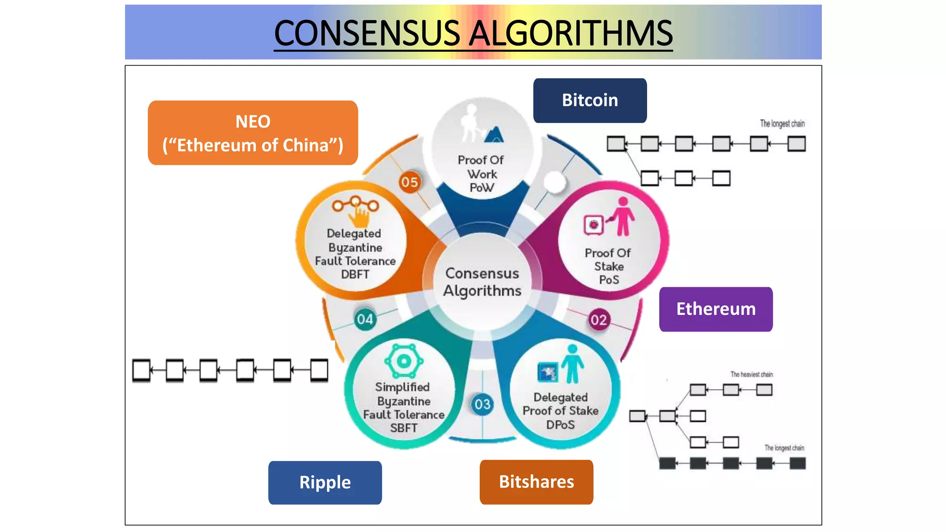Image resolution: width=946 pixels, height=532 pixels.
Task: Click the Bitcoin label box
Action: coord(590,100)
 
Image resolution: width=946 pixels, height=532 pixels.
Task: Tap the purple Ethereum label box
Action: coord(716,309)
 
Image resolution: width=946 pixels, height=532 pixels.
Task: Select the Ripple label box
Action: coord(325,483)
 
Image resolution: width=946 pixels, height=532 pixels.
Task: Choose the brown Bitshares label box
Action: coord(536,482)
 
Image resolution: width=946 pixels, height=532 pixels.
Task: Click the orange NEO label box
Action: coord(253,133)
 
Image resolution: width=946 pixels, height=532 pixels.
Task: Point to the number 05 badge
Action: coord(409,182)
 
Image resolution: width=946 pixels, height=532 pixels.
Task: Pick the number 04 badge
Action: coord(364,319)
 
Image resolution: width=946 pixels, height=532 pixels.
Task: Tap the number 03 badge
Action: coord(482,405)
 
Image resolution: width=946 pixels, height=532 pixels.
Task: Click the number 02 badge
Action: coord(599,320)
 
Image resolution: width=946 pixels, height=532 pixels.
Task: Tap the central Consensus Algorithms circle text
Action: coord(482,282)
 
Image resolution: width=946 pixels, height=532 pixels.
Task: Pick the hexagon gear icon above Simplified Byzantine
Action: coord(404,361)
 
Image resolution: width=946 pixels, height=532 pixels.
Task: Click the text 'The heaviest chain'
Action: coord(751,375)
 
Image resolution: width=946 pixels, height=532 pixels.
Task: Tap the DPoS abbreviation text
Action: coord(560,424)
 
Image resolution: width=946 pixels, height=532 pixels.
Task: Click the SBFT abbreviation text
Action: coord(403,428)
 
